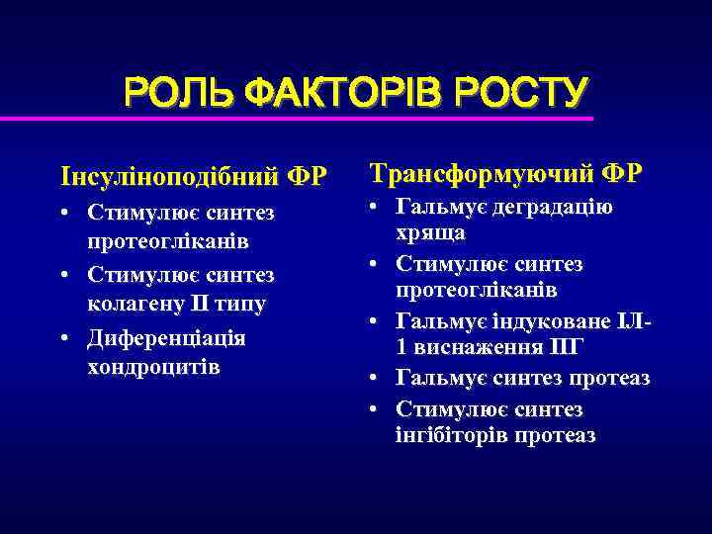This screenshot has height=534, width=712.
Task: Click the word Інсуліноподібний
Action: click(169, 177)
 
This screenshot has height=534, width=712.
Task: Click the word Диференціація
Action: click(167, 336)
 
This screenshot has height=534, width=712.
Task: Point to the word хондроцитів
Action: click(153, 367)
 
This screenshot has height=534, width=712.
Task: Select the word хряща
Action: click(430, 234)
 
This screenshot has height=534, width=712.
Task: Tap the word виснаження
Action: click(480, 349)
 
